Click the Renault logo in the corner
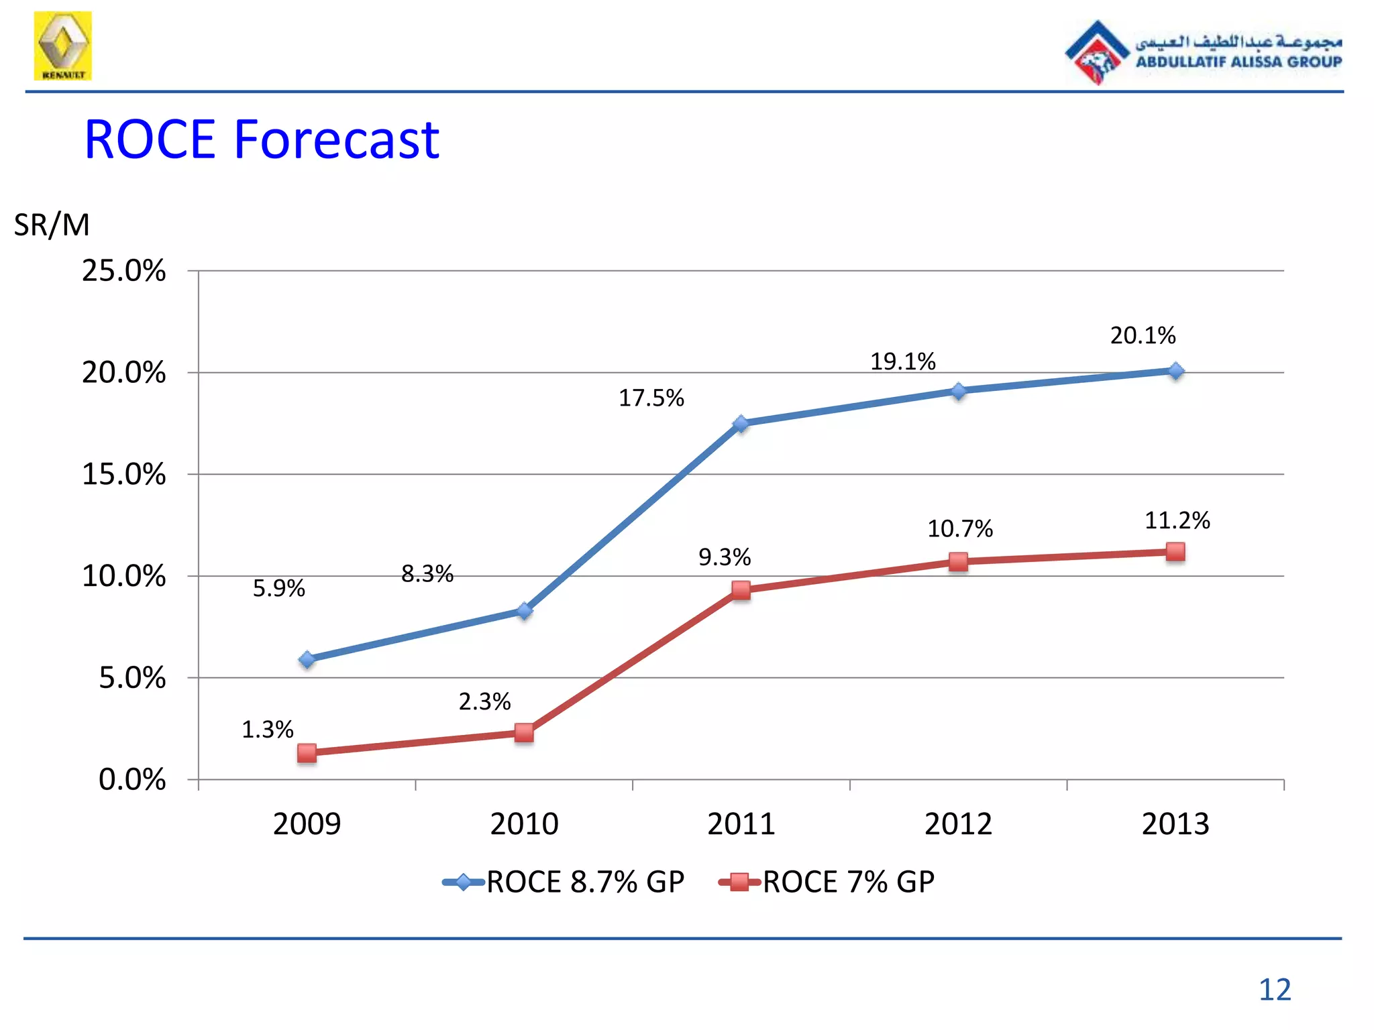[x=63, y=46]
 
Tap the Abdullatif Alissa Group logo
[x=1203, y=52]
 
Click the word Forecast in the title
[x=336, y=139]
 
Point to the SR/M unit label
[x=52, y=225]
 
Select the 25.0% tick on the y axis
[x=123, y=271]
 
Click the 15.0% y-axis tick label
[x=123, y=475]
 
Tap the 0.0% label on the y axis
[x=131, y=780]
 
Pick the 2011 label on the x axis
[x=741, y=823]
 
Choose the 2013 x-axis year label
[x=1175, y=823]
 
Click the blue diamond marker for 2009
[x=307, y=660]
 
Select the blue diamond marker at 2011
[x=741, y=424]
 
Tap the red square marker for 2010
[x=524, y=732]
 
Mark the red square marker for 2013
[x=1175, y=552]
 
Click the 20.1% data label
[x=1143, y=335]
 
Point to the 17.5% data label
[x=651, y=398]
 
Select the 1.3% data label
[x=267, y=730]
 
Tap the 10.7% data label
[x=959, y=529]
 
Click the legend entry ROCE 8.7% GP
[x=564, y=882]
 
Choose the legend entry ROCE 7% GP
[x=827, y=882]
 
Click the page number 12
[x=1274, y=990]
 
